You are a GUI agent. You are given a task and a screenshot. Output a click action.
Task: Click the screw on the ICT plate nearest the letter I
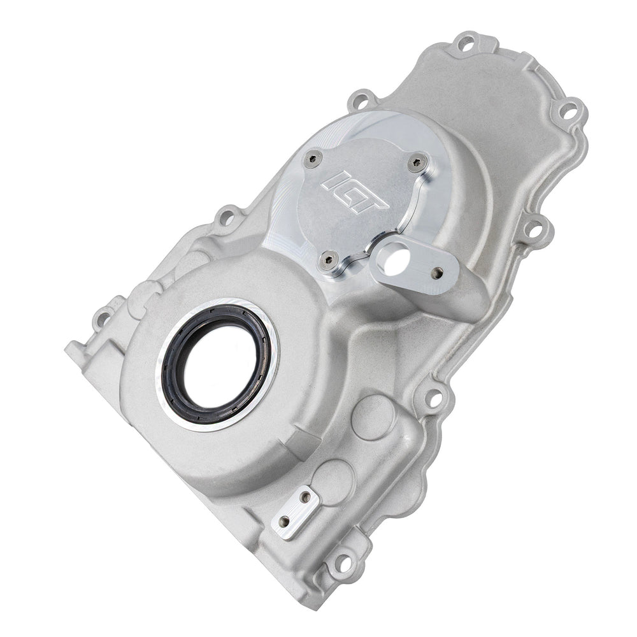pyautogui.click(x=313, y=159)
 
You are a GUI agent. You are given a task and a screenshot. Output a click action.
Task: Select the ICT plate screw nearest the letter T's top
pyautogui.click(x=417, y=162)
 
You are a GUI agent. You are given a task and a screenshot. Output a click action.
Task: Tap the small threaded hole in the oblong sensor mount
pyautogui.click(x=437, y=272)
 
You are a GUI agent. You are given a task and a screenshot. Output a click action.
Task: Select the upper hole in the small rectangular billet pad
pyautogui.click(x=305, y=497)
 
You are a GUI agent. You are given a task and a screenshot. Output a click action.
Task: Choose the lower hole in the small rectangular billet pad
pyautogui.click(x=285, y=521)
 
